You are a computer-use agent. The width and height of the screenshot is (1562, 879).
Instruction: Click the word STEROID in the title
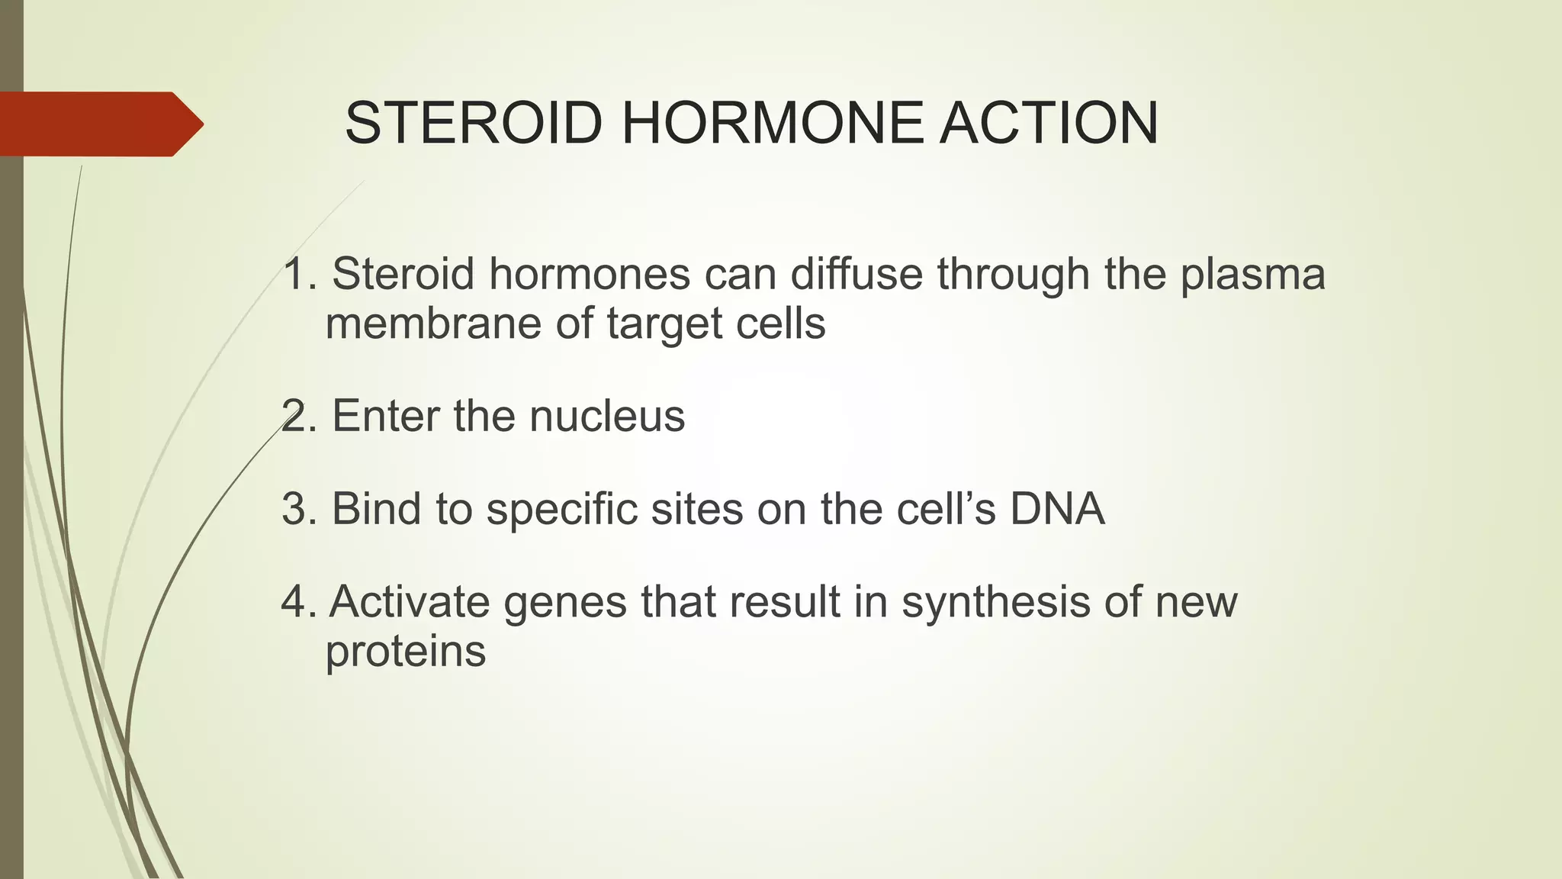(474, 123)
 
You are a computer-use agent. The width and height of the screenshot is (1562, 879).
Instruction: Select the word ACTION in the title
(1049, 123)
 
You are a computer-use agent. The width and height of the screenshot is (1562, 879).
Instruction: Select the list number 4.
(294, 602)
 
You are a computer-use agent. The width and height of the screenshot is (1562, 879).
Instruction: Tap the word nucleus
(607, 417)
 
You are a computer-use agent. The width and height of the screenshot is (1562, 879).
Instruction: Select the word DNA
(1057, 509)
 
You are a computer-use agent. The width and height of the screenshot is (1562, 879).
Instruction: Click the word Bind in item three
(376, 509)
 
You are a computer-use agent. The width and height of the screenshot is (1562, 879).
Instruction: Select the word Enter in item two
(386, 417)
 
